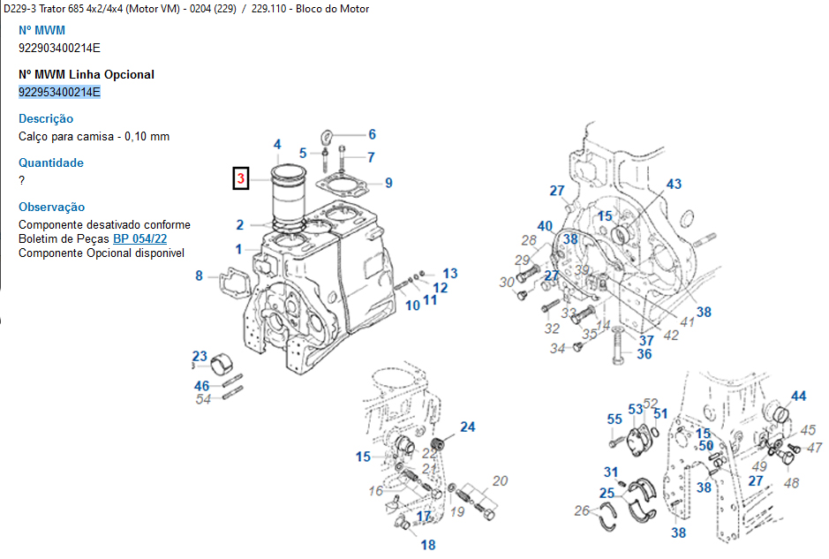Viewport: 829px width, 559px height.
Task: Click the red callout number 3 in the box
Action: coord(240,178)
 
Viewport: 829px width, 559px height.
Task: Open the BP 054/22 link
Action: coord(139,239)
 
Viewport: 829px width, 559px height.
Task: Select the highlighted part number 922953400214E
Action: coord(59,92)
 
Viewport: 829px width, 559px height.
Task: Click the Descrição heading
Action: coord(46,118)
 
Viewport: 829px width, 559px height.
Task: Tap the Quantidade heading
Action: coord(51,162)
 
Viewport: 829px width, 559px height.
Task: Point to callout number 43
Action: coord(674,185)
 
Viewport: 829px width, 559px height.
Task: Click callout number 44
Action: coord(798,397)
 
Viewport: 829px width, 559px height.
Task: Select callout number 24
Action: coord(467,427)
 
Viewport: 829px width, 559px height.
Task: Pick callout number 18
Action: coord(428,545)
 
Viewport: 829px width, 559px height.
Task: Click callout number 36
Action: coord(644,354)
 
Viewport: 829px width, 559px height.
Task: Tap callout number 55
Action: coord(614,419)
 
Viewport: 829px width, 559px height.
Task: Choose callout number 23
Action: coord(200,356)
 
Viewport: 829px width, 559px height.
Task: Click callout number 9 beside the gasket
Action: coord(388,184)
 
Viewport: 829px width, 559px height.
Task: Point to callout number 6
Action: coord(372,134)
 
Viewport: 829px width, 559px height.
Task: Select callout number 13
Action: coord(450,274)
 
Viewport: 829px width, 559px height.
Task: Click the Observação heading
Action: coord(51,207)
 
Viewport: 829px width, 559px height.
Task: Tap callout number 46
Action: coord(202,386)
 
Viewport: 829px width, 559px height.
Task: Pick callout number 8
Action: coord(199,276)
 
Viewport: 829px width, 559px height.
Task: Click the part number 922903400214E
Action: coord(59,48)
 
